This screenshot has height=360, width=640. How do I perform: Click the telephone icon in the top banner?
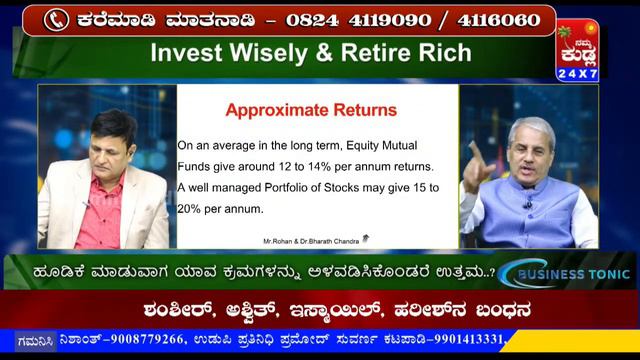57,19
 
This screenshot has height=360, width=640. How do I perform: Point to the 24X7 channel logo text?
577,74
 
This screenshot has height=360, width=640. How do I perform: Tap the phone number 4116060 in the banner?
499,19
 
